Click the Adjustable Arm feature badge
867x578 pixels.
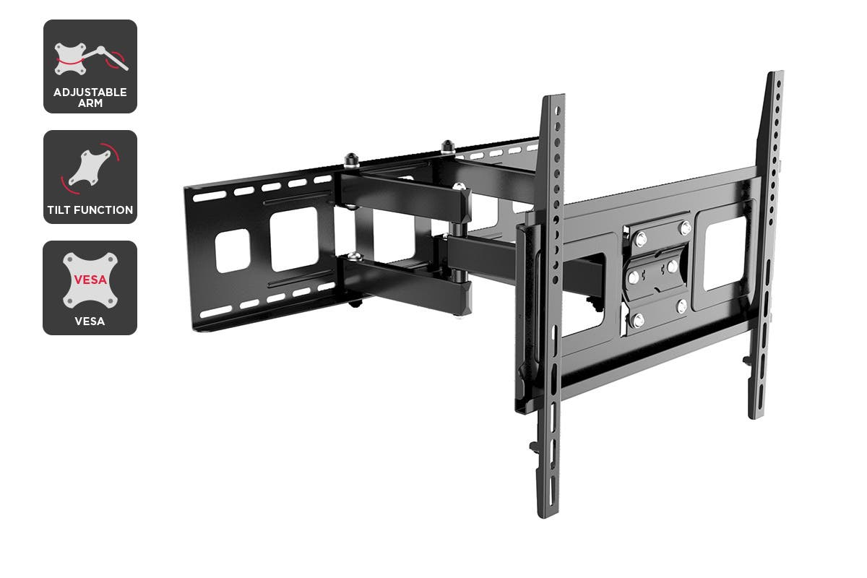[x=90, y=66]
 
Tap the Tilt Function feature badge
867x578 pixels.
[x=90, y=177]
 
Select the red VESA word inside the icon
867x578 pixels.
[x=90, y=280]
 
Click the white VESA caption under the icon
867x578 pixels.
[x=90, y=322]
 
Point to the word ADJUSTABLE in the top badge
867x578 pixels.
[x=90, y=92]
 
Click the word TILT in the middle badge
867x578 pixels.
[x=59, y=210]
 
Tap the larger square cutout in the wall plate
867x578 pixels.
[x=294, y=238]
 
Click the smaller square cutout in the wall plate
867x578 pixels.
[x=232, y=251]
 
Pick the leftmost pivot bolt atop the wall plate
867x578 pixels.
[x=351, y=160]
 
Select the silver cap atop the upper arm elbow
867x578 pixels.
[x=460, y=186]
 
